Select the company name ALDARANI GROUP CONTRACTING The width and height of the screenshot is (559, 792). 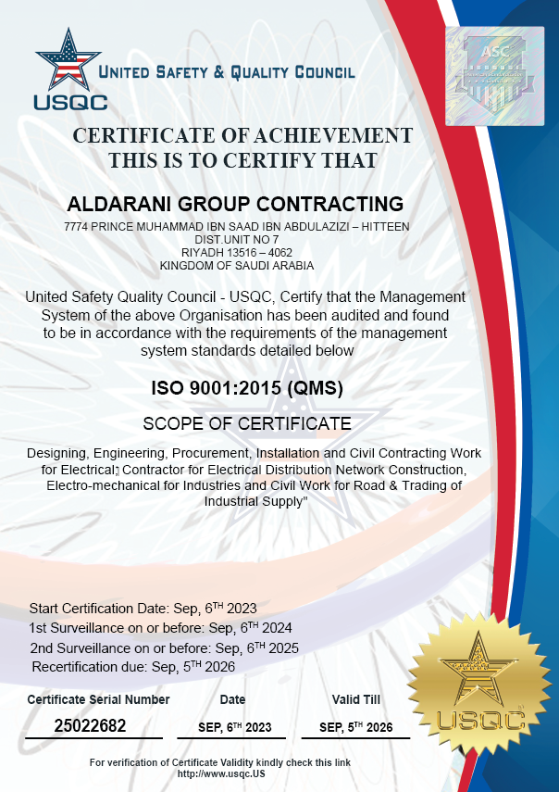pyautogui.click(x=237, y=204)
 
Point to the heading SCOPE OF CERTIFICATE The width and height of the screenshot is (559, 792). pyautogui.click(x=247, y=424)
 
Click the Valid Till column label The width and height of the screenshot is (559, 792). pyautogui.click(x=356, y=699)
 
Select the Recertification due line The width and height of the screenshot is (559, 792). pyautogui.click(x=134, y=667)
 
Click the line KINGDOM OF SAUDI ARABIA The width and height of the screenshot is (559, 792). pyautogui.click(x=237, y=265)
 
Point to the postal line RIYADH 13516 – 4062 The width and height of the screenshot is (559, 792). pyautogui.click(x=237, y=252)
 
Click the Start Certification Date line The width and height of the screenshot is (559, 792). pyautogui.click(x=143, y=609)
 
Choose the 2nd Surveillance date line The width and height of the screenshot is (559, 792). pyautogui.click(x=164, y=647)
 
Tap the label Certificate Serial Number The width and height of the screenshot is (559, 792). pyautogui.click(x=99, y=699)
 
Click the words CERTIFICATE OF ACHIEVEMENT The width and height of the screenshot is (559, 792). pyautogui.click(x=242, y=135)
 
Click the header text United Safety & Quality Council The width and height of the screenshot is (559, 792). pyautogui.click(x=227, y=72)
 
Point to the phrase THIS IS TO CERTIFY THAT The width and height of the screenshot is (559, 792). pyautogui.click(x=242, y=160)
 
